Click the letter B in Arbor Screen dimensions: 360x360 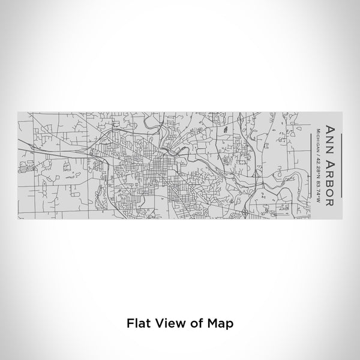pos(329,181)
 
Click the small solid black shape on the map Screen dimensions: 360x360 pos(224,129)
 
